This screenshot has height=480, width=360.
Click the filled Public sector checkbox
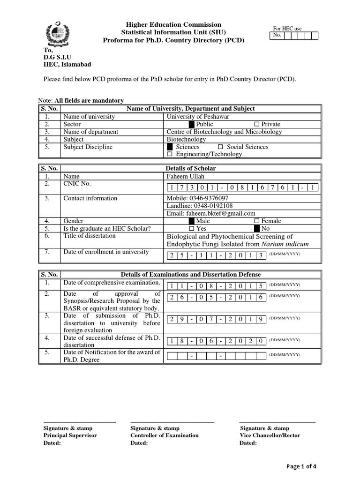(191, 124)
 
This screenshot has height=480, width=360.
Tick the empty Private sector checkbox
(256, 124)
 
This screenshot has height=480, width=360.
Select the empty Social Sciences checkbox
(220, 147)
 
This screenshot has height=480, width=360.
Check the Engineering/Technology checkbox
(170, 154)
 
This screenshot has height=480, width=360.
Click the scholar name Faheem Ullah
(186, 176)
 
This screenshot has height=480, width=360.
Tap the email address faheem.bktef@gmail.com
(211, 213)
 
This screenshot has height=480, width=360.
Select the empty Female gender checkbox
(256, 221)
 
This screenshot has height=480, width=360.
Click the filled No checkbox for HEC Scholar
(256, 228)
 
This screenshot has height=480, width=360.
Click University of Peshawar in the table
(195, 117)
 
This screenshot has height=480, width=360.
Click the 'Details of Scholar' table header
(191, 168)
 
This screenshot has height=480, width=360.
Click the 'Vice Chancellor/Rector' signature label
(270, 435)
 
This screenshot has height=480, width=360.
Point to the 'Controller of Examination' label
(164, 435)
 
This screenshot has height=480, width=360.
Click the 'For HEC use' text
(287, 29)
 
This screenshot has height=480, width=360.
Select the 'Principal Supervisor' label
(70, 435)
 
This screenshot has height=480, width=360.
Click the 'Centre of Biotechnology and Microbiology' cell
(224, 132)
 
